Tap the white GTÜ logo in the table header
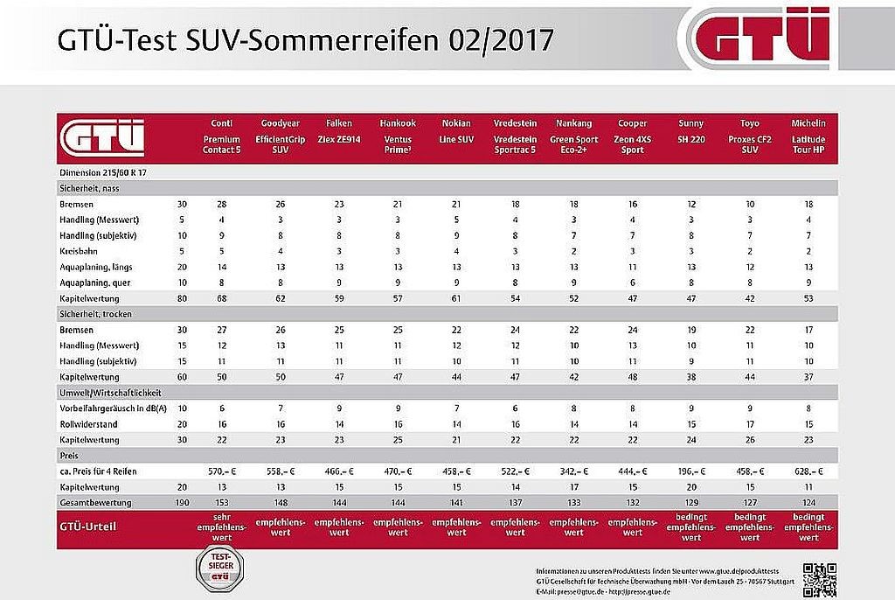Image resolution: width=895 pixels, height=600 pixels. (101, 138)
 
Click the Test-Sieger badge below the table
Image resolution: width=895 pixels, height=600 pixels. (220, 571)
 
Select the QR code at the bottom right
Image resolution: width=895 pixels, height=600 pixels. (820, 578)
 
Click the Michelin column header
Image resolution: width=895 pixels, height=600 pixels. (808, 123)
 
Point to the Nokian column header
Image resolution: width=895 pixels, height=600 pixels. (456, 123)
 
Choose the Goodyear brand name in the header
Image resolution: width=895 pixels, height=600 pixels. (280, 123)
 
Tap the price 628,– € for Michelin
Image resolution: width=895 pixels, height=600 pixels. (808, 471)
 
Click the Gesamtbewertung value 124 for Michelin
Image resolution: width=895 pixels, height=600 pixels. (808, 503)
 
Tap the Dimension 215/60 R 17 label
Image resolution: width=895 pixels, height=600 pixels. (103, 172)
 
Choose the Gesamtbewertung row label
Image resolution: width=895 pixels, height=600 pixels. (98, 503)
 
